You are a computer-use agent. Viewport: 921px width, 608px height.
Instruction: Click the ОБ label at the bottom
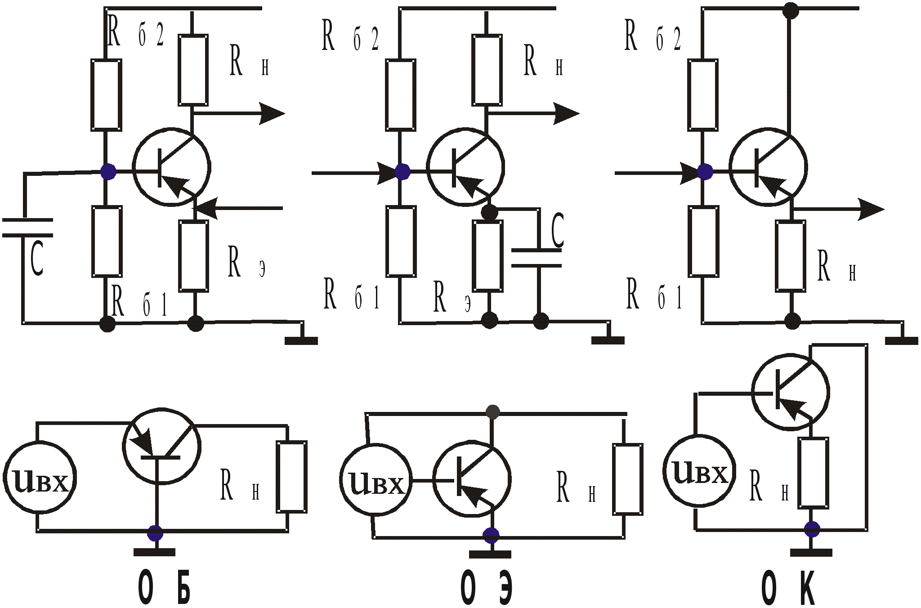pos(164,587)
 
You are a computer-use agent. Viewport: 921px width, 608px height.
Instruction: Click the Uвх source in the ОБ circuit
pos(40,478)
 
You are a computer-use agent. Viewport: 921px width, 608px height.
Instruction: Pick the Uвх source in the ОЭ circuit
pos(376,480)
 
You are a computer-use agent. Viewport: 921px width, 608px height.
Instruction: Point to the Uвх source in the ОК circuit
pos(699,471)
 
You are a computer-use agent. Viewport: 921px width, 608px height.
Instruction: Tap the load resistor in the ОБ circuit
pos(292,477)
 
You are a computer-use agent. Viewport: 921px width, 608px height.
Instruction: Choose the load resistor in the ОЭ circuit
pos(627,479)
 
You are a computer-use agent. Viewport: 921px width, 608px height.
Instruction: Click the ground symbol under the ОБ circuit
pos(154,552)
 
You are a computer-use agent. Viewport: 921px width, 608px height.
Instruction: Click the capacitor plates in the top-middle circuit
pos(537,258)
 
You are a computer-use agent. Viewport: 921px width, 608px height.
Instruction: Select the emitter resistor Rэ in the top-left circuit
pos(194,256)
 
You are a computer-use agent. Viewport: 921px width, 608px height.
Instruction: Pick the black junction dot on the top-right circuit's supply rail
pos(790,10)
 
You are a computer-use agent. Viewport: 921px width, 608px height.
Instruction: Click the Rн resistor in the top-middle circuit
pos(487,70)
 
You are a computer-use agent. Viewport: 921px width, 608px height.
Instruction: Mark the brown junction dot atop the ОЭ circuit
pos(493,412)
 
